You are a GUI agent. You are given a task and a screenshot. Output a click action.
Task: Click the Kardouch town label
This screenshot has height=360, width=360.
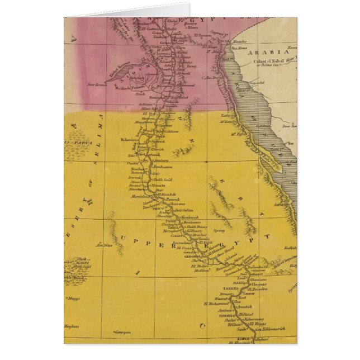(189, 217)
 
